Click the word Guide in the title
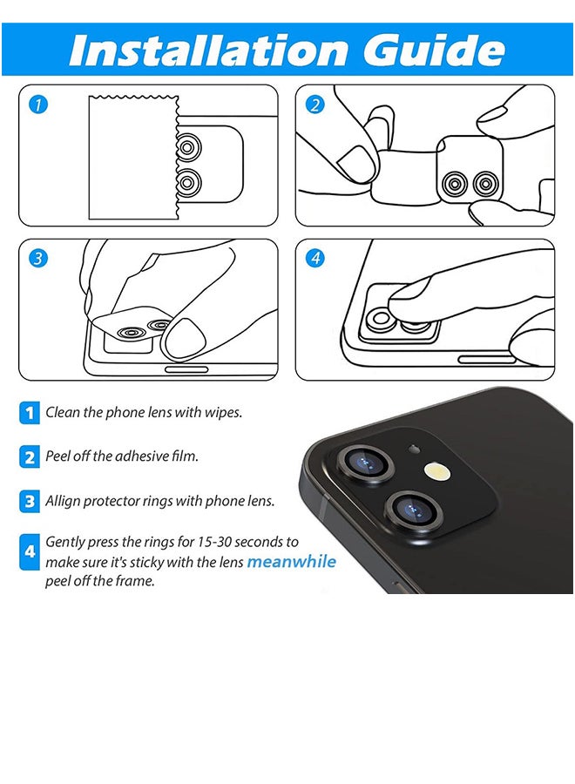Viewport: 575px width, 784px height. [434, 50]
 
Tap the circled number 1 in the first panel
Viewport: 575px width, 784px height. [38, 105]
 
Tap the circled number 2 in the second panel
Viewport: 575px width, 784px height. [315, 105]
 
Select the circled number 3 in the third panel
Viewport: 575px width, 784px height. [38, 259]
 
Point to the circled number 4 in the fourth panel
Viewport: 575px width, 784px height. [315, 259]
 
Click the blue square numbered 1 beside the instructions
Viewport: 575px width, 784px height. [30, 413]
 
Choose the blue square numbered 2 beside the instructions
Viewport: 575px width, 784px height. [30, 457]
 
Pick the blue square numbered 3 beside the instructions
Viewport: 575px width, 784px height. [30, 501]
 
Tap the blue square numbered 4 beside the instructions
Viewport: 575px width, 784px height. [30, 552]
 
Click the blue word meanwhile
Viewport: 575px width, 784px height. [292, 562]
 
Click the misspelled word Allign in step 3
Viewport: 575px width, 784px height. [61, 501]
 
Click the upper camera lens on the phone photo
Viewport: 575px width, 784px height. [366, 463]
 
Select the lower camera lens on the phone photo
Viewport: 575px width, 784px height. [414, 510]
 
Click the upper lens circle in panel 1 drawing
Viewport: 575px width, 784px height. [189, 148]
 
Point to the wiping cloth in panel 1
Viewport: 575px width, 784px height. [133, 157]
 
